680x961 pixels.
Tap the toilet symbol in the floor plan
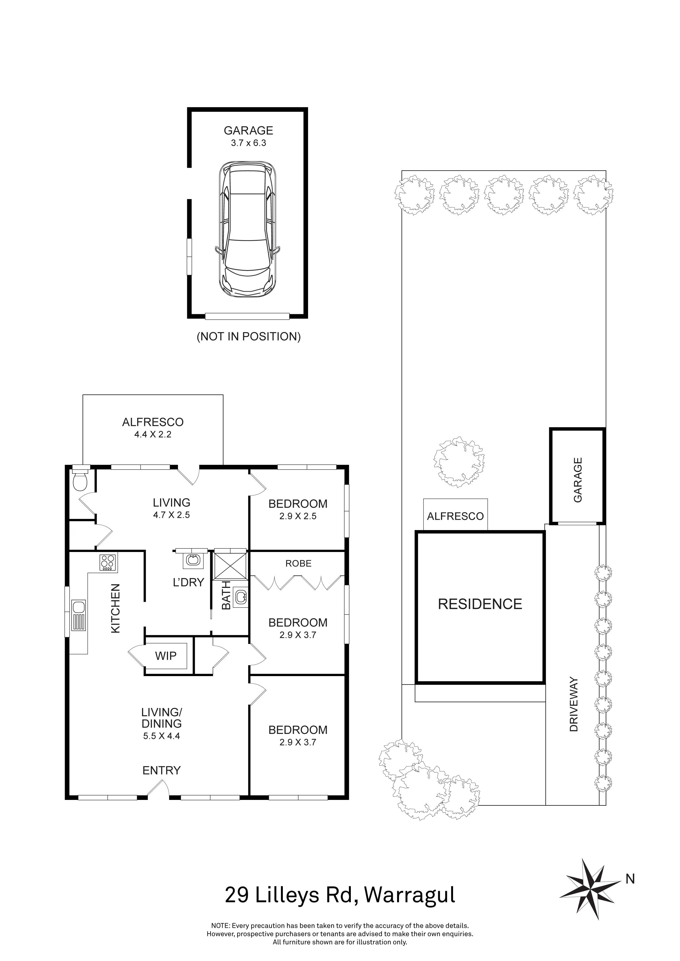point(79,481)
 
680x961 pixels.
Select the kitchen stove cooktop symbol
point(108,562)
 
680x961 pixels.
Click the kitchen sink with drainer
point(78,615)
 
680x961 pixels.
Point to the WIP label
point(166,656)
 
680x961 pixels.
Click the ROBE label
point(298,564)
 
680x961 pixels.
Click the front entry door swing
point(158,790)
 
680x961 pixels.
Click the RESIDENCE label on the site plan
point(480,604)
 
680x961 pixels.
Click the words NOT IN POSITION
point(249,336)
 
